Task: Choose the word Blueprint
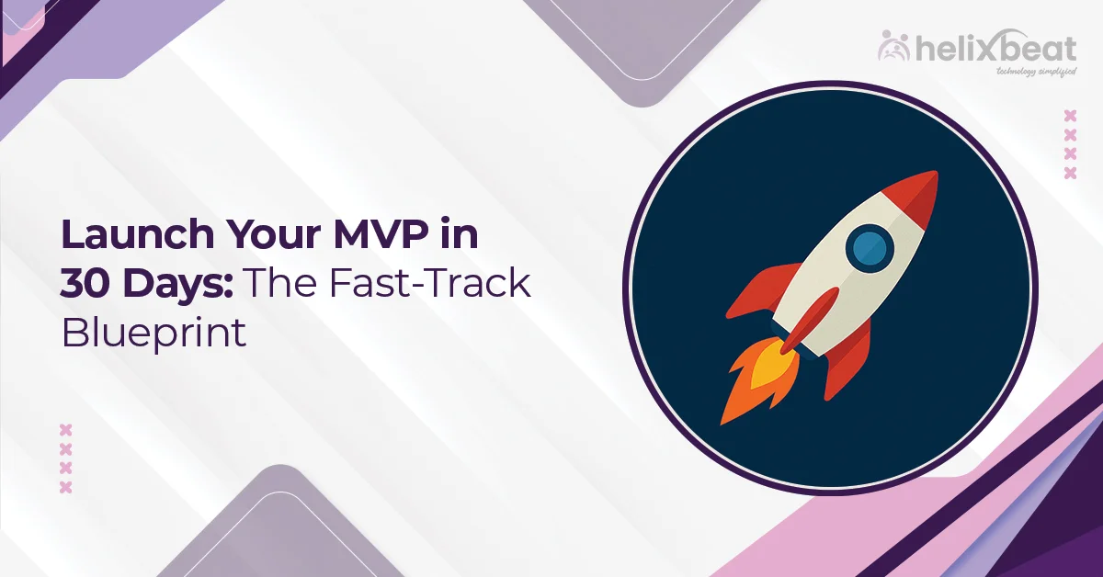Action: click(x=154, y=333)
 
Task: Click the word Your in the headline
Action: click(x=262, y=236)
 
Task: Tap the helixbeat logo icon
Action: click(x=893, y=46)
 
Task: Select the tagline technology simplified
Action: click(x=1024, y=71)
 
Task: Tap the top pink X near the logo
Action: click(x=1069, y=116)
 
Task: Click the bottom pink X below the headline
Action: click(x=65, y=487)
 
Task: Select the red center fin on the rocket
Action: click(x=809, y=317)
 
